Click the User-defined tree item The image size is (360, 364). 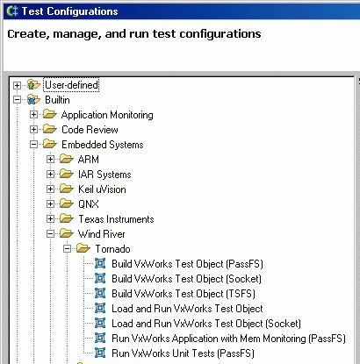[x=72, y=85]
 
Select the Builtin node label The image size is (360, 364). [x=57, y=100]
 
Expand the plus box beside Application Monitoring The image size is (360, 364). [x=33, y=115]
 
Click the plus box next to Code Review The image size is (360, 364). [x=33, y=129]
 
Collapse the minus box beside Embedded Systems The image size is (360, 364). [x=33, y=144]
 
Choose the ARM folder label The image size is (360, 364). [x=89, y=160]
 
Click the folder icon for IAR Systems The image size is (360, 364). [x=66, y=174]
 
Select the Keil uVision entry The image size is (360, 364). [x=102, y=189]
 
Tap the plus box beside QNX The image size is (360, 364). [x=50, y=203]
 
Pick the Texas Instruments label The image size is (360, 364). [x=116, y=219]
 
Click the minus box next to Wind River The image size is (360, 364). [x=50, y=233]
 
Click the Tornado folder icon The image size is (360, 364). [x=83, y=248]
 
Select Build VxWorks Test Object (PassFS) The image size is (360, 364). [x=187, y=264]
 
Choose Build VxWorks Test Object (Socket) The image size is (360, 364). [x=186, y=279]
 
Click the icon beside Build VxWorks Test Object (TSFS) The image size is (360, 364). [x=100, y=293]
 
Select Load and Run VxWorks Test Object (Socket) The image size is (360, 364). [x=206, y=324]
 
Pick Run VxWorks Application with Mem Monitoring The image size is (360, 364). [x=228, y=339]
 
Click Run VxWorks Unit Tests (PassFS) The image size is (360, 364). [x=183, y=353]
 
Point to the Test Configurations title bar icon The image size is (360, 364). [x=12, y=11]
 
